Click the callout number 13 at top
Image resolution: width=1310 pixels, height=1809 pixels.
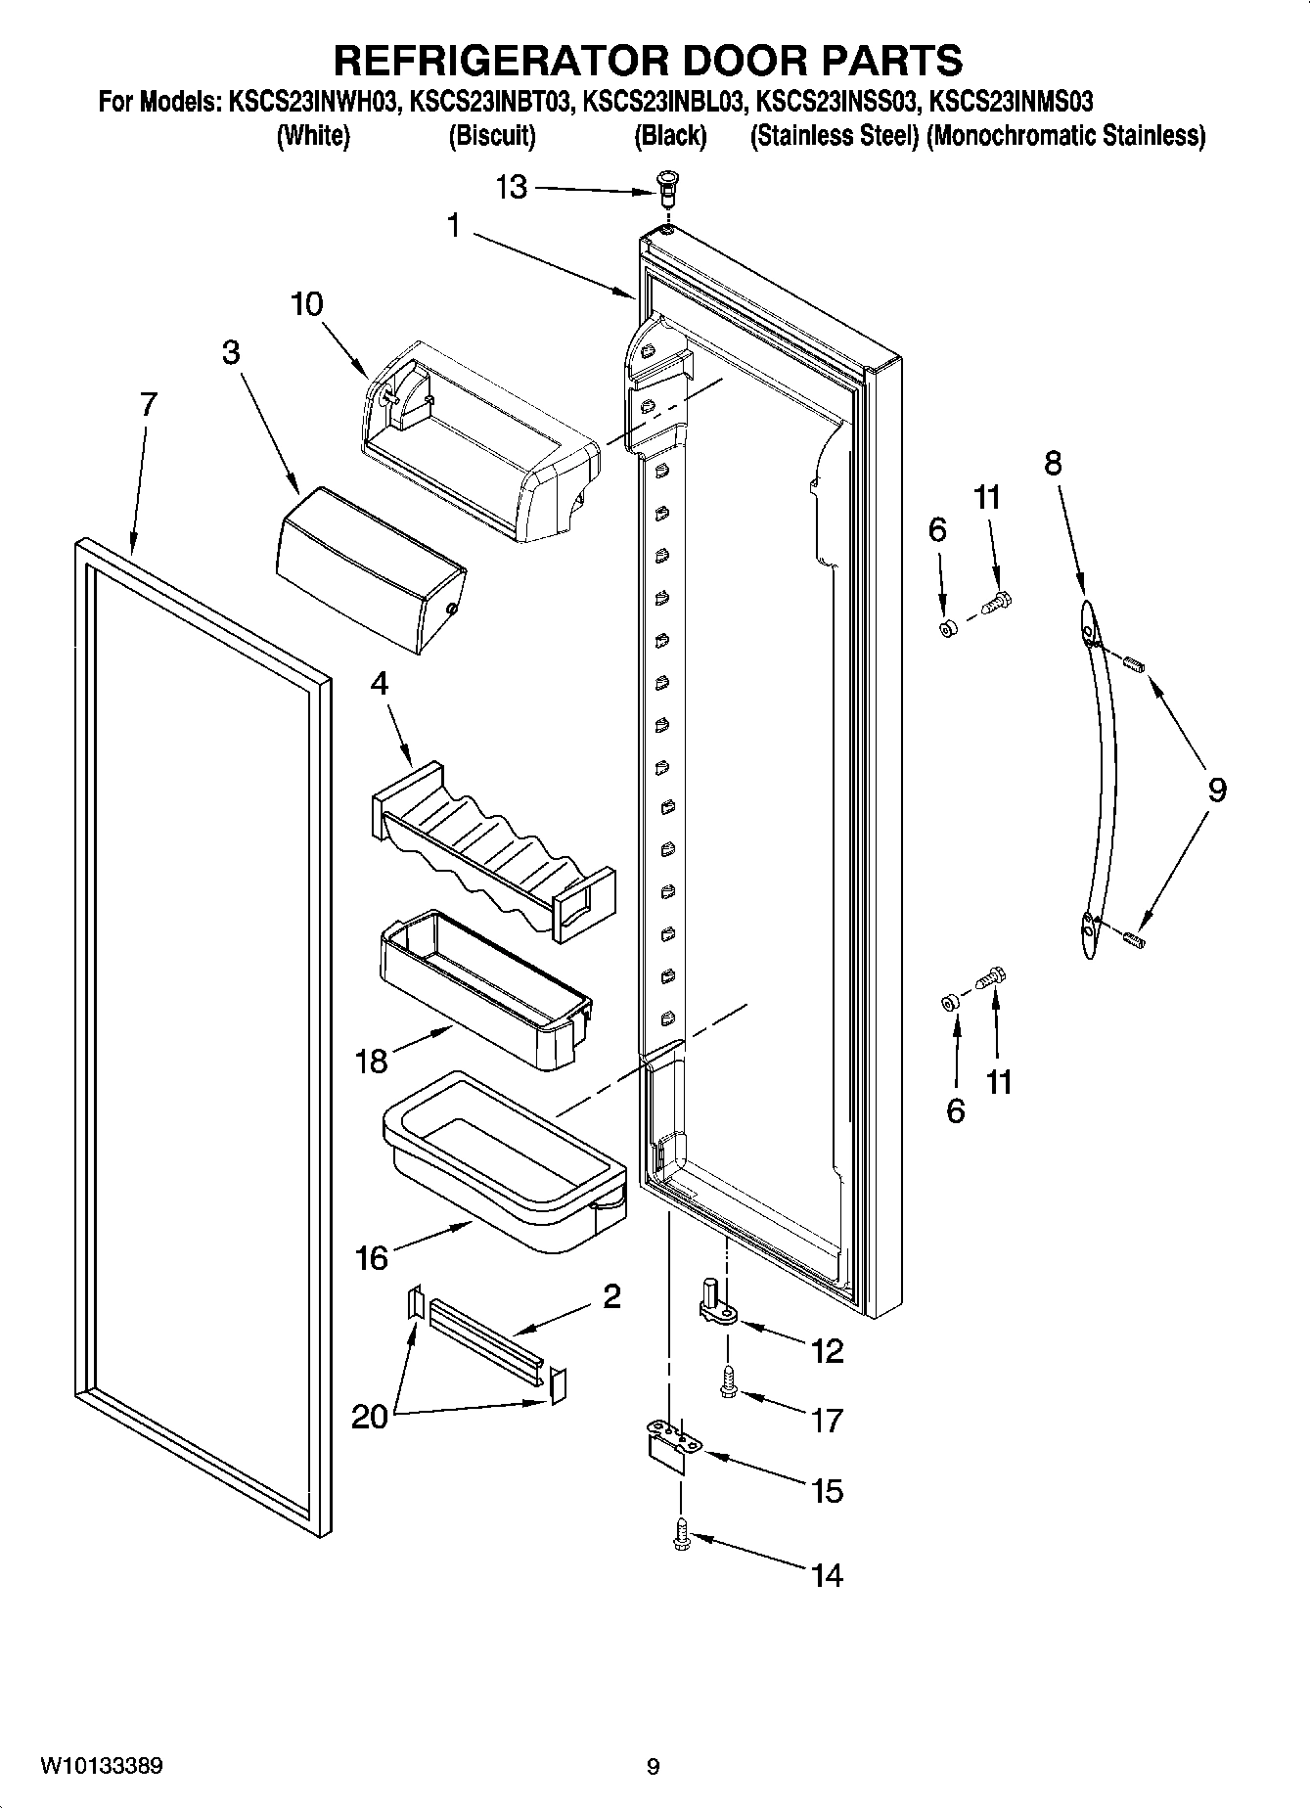coord(511,187)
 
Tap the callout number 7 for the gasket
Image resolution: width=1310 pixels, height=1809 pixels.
coord(147,405)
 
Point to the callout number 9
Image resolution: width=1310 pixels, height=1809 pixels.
coord(1216,790)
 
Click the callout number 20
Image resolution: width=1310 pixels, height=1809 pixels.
coord(369,1417)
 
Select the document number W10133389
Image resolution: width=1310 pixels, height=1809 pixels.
coord(102,1766)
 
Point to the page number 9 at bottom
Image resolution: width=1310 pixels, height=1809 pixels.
coord(653,1767)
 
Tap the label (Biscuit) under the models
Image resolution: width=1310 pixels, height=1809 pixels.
coord(492,136)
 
